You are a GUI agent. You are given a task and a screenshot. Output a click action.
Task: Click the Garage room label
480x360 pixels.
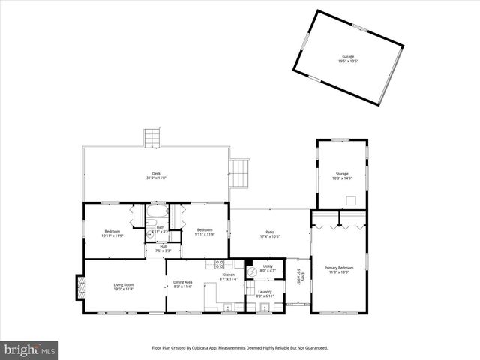coord(348,58)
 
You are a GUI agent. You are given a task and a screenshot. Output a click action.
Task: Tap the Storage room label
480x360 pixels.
coord(342,176)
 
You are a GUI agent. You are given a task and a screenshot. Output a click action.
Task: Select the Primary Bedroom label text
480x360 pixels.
coord(339,270)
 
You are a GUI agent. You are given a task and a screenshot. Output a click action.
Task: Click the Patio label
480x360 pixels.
coord(270,234)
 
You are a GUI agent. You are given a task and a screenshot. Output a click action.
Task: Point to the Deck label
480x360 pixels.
coord(156,175)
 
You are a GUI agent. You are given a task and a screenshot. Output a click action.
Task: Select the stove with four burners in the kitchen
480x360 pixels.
coord(220,264)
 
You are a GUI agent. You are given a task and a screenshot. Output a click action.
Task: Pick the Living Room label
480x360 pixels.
coord(123,286)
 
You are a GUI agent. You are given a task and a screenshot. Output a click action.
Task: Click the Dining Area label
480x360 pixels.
coord(183,283)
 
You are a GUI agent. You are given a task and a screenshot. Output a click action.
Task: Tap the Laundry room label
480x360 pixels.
coord(265,293)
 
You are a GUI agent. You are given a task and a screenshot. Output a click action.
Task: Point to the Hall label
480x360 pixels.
coord(163,247)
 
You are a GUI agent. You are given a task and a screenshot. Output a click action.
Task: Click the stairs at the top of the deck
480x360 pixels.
coord(153,137)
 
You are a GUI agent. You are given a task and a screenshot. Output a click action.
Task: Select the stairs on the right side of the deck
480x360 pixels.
coord(239,173)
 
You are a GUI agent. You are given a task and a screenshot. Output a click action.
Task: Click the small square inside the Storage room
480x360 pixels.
coord(350,199)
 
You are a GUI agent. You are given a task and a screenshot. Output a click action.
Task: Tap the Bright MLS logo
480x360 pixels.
coord(30,349)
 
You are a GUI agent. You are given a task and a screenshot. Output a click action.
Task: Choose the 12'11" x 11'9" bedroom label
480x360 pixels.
coord(112,232)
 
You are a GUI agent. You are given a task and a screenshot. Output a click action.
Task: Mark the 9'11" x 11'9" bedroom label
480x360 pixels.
coord(205,232)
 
